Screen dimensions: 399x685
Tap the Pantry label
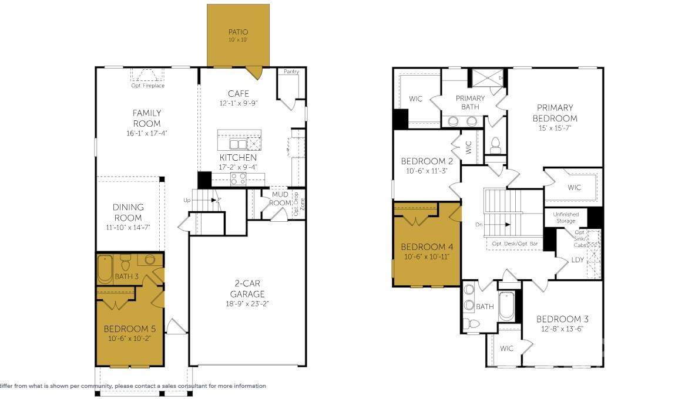click(x=291, y=72)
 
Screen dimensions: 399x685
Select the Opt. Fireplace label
click(x=148, y=86)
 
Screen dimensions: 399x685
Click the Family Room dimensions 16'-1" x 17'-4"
click(x=146, y=133)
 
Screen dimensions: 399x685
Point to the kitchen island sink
click(x=238, y=144)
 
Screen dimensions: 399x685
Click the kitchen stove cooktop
click(x=238, y=178)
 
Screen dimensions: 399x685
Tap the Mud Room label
click(x=280, y=199)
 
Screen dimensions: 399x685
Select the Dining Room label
click(x=128, y=212)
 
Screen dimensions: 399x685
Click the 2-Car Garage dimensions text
click(x=247, y=303)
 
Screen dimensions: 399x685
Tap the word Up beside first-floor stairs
click(x=187, y=200)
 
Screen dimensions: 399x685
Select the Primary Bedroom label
click(x=555, y=113)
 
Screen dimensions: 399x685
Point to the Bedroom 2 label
click(x=426, y=161)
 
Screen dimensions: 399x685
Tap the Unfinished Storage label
click(x=566, y=217)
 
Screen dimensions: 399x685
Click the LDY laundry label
click(x=577, y=259)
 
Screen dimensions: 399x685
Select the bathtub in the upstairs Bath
click(x=506, y=306)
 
